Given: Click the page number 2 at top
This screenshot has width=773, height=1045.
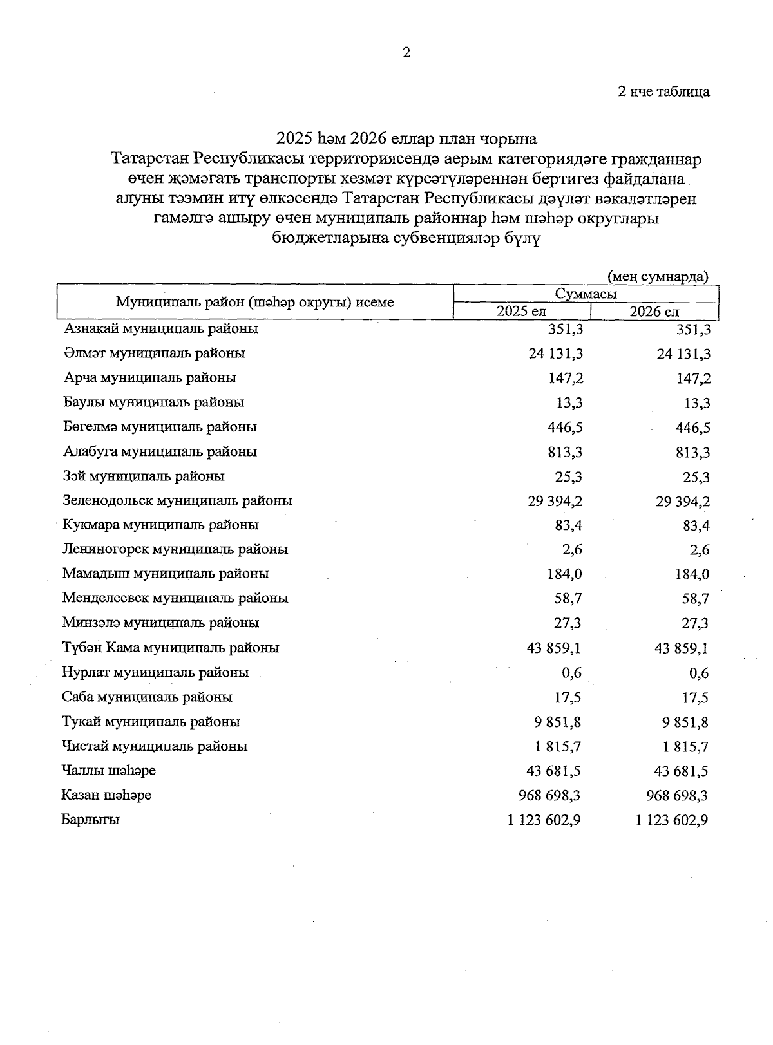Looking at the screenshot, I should click(406, 53).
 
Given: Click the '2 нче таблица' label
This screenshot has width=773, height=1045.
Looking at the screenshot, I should click(663, 91).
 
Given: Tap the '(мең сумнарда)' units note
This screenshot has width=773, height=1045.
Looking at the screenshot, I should click(658, 276).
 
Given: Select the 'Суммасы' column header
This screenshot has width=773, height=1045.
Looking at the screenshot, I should click(586, 294).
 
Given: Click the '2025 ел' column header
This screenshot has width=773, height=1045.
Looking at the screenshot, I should click(521, 312).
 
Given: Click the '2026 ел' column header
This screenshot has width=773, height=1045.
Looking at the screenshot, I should click(654, 312).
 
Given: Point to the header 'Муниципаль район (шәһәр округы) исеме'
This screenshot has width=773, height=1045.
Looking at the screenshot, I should click(254, 302).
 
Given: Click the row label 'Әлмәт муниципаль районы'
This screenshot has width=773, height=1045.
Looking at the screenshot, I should click(154, 353).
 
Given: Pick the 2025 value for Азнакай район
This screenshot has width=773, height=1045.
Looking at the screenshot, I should click(565, 329).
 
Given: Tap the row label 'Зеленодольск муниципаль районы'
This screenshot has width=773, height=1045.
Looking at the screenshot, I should click(177, 500).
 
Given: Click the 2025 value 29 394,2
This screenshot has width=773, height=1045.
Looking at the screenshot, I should click(555, 501).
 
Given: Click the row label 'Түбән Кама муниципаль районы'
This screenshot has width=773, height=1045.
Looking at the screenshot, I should click(171, 648).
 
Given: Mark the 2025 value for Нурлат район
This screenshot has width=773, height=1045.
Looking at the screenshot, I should click(571, 673).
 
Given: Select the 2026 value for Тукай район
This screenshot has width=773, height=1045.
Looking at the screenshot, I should click(685, 722).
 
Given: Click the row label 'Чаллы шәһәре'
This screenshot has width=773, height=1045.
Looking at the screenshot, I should click(109, 771).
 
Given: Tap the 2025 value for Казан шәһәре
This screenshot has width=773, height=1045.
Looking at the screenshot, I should click(549, 796).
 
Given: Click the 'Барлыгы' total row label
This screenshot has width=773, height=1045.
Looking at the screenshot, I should click(91, 820).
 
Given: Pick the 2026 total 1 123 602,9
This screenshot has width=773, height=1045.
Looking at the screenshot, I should click(672, 820).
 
